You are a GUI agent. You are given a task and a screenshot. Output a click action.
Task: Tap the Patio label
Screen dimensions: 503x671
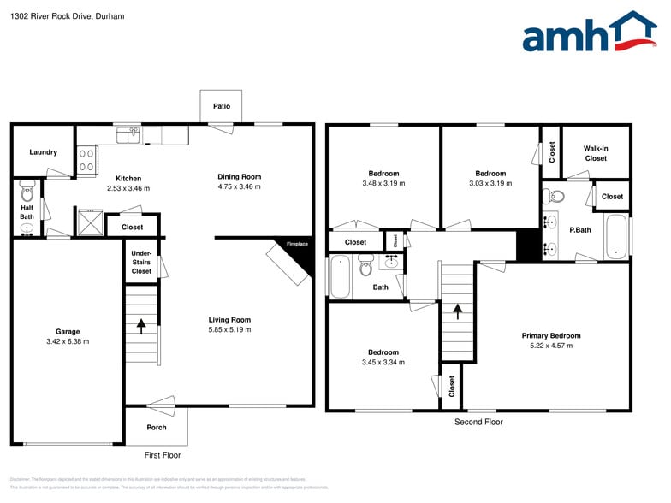pos(221,107)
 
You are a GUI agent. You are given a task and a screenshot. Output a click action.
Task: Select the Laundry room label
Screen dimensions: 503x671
pos(43,152)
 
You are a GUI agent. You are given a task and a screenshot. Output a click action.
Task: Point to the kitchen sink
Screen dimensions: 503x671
pos(128,134)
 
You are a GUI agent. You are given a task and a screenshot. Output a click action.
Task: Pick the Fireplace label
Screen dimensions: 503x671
pos(297,244)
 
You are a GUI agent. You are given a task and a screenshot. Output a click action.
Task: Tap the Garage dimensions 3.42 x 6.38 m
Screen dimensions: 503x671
pos(68,341)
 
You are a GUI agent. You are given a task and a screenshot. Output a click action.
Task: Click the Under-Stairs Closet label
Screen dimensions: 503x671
pos(141,263)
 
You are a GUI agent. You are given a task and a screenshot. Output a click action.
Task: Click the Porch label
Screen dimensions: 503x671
pos(157,427)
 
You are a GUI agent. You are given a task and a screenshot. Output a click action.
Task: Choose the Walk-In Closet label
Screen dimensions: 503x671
pos(596,153)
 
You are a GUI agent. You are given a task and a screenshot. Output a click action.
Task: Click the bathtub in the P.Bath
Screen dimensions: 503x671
pos(616,235)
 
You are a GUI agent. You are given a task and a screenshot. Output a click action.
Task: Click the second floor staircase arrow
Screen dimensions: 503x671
pos(457,311)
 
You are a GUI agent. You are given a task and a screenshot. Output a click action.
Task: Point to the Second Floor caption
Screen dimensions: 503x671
pos(478,422)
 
